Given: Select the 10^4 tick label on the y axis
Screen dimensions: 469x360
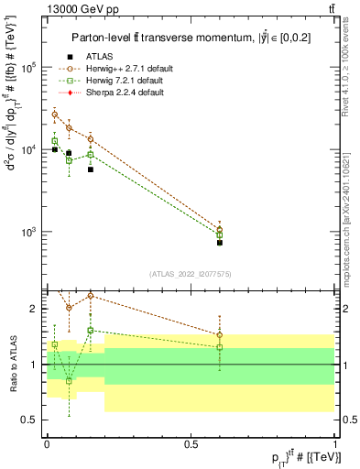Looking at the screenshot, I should [x=30, y=149].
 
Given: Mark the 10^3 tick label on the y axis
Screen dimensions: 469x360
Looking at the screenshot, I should [x=30, y=231].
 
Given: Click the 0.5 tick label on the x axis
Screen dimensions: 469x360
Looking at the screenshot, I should [x=191, y=444].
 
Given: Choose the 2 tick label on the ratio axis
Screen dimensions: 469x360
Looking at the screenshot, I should [x=34, y=309].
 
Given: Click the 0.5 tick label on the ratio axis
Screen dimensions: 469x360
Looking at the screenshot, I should [x=30, y=420].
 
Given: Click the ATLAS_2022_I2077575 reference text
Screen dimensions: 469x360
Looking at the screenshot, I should [x=190, y=273].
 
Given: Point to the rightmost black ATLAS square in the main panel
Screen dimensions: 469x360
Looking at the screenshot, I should [x=220, y=243].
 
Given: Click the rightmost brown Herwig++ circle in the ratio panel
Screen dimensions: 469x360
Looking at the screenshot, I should [x=220, y=335].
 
